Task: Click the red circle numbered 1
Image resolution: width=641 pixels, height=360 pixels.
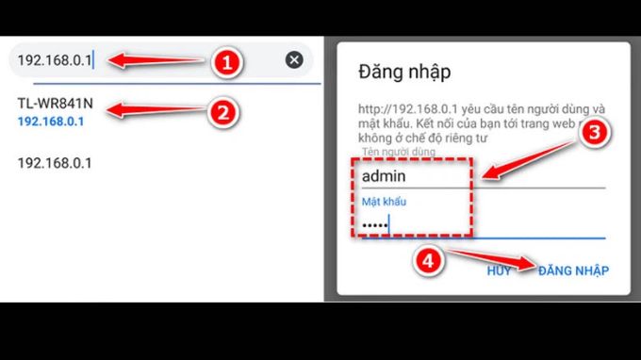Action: point(227,62)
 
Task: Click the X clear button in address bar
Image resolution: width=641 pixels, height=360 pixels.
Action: point(294,60)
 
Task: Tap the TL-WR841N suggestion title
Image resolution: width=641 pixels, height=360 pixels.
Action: point(56,104)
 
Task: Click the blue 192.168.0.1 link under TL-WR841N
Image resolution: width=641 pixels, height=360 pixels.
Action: point(51,122)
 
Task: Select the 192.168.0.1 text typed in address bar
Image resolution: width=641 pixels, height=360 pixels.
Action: point(55,60)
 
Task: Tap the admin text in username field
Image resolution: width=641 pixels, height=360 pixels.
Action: point(384,174)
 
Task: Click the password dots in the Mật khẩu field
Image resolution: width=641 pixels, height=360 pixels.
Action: point(374,224)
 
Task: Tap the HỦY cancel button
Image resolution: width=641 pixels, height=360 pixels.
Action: point(499,270)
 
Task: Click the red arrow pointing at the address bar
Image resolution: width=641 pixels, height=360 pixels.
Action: point(156,61)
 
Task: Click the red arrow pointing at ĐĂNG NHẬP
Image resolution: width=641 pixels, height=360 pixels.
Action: point(490,259)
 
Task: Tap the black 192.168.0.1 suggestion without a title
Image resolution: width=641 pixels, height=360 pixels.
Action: point(55,163)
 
